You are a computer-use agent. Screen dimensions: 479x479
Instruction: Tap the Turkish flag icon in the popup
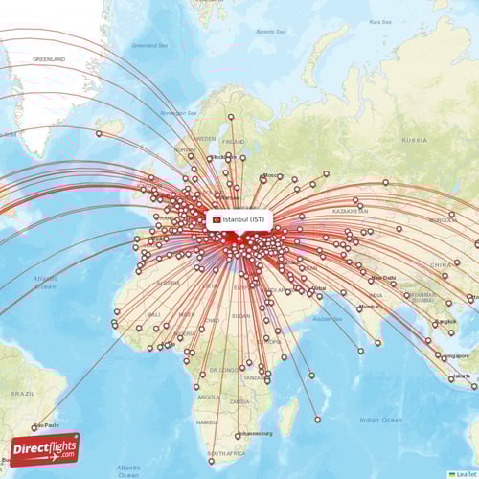[217, 219]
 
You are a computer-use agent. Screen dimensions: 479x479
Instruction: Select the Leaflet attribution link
[464, 473]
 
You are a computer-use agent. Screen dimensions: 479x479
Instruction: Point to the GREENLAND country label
[49, 58]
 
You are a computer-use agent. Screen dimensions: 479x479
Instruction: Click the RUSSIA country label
[414, 139]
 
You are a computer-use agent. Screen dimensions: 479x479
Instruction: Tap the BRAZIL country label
[23, 393]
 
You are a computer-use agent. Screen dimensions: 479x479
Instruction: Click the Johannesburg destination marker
[238, 436]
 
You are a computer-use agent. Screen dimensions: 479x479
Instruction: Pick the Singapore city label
[457, 355]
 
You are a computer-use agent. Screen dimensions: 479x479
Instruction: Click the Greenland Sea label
[148, 44]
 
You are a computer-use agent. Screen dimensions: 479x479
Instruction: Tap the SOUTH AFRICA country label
[229, 451]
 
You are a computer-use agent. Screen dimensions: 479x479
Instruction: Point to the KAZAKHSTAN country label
[344, 208]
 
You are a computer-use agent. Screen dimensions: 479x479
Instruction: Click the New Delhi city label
[382, 279]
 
